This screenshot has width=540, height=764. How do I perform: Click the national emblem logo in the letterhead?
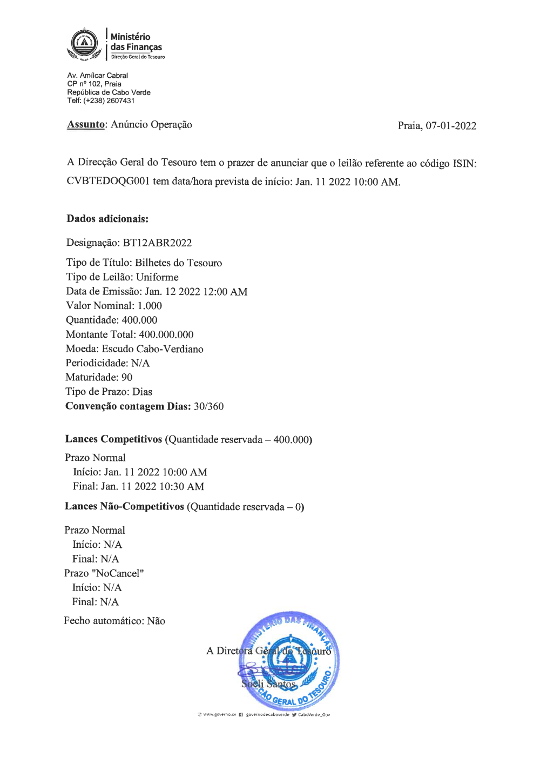(84, 43)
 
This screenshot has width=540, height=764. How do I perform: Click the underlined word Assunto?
(86, 124)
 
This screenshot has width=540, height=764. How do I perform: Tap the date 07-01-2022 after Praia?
(451, 126)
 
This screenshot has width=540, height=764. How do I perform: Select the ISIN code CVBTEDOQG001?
(108, 181)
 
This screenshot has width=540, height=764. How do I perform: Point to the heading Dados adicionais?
(107, 219)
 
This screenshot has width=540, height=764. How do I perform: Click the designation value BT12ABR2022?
(157, 243)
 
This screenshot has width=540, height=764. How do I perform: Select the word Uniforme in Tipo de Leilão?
(157, 277)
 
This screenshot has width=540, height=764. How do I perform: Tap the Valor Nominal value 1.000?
(150, 306)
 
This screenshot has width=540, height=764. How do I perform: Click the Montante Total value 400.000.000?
(166, 334)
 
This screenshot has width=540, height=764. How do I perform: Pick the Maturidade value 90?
(127, 377)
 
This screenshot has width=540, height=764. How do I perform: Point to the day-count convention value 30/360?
(208, 406)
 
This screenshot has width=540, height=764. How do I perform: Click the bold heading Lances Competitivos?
(113, 439)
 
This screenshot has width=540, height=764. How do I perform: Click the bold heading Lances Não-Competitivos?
(124, 506)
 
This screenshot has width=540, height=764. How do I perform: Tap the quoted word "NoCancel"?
(118, 573)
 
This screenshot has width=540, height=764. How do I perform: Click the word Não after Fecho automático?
(156, 621)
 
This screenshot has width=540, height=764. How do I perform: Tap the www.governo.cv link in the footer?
(219, 714)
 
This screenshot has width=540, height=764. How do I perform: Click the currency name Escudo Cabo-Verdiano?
(153, 349)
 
